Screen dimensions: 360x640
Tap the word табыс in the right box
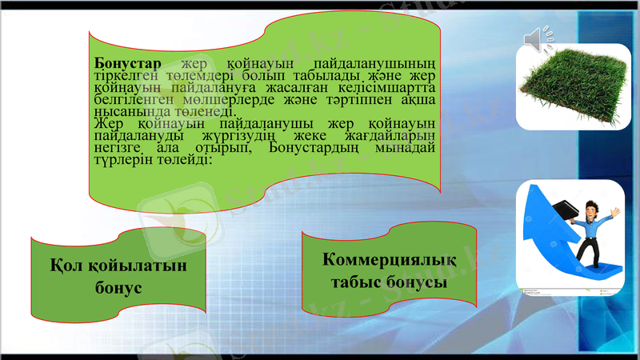pos(362,282)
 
